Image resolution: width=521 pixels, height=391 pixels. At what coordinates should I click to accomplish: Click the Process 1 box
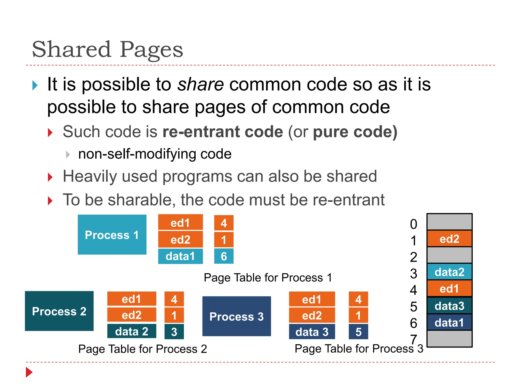112,234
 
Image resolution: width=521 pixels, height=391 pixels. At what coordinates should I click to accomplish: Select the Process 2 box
59,311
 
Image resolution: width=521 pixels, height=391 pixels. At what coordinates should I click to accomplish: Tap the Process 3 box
237,316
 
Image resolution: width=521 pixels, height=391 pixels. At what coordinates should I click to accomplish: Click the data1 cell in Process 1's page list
180,256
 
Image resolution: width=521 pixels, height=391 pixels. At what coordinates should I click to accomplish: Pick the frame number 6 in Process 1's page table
224,256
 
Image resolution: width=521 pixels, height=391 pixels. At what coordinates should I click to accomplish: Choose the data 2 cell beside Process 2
132,331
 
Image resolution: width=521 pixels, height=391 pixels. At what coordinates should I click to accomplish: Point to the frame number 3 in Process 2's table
174,331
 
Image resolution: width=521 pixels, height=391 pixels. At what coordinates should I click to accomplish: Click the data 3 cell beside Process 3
312,332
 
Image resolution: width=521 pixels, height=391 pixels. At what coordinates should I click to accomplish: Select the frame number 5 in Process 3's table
358,332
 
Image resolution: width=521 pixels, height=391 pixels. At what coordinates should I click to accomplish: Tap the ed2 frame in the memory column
450,239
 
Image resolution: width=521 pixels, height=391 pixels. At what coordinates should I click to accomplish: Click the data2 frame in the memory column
450,272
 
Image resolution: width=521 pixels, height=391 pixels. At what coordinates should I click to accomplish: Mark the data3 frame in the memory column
450,306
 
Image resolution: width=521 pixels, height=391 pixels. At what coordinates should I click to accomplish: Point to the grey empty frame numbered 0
450,222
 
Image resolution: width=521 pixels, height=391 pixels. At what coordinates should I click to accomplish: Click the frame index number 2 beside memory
414,257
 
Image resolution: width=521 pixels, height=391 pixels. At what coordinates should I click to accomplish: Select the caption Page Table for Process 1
268,277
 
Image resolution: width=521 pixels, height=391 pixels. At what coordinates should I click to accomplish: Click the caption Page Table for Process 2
142,349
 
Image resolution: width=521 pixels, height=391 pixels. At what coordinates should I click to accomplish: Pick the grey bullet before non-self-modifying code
68,155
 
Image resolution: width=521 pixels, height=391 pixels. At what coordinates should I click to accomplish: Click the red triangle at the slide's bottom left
29,372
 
